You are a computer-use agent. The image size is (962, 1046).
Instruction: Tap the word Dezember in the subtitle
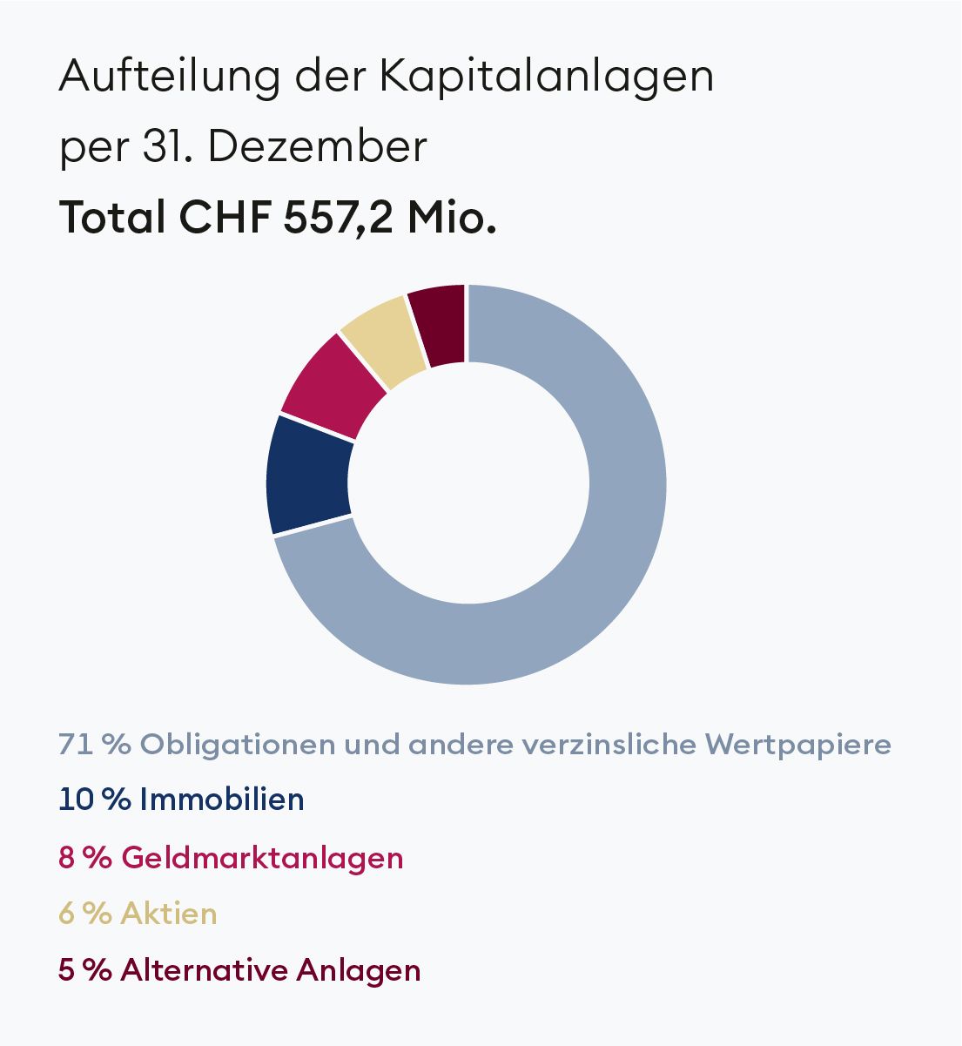click(x=318, y=146)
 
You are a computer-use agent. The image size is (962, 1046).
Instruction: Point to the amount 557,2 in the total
click(x=339, y=217)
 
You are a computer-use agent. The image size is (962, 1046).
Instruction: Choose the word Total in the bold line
click(x=112, y=216)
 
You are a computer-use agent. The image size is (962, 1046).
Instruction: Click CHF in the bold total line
click(x=225, y=216)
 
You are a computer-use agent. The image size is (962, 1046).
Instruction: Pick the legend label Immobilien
click(x=221, y=799)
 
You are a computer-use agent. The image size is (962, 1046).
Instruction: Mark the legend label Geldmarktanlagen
click(x=262, y=858)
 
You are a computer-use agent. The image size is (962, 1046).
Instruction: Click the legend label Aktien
click(x=169, y=914)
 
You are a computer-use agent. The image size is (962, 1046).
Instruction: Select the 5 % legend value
click(x=84, y=969)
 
